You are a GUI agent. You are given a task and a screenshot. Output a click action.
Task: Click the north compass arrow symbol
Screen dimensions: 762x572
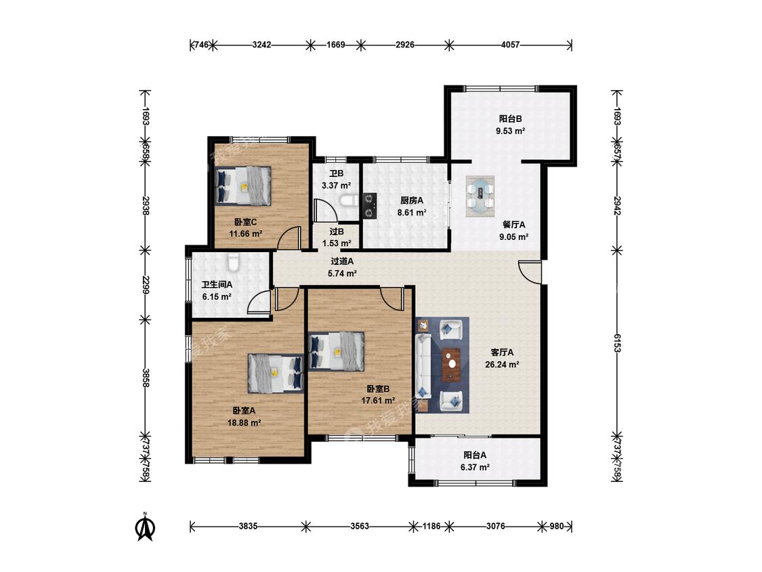tap(145, 527)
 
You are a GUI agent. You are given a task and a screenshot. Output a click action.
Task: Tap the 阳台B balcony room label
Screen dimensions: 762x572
tap(510, 119)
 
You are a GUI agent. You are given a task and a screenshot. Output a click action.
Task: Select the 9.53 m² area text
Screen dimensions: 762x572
tap(510, 131)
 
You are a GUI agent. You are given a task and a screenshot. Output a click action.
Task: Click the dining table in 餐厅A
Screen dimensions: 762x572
tap(480, 196)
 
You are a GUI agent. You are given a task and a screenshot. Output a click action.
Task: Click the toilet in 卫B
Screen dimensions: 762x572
tap(350, 201)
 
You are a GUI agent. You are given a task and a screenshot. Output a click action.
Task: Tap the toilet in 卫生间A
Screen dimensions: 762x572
tap(234, 262)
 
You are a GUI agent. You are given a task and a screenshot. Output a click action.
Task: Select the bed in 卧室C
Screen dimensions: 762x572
tap(243, 185)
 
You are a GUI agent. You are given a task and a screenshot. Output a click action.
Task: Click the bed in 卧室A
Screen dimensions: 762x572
tap(276, 373)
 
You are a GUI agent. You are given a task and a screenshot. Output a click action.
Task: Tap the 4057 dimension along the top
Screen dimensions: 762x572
tap(510, 45)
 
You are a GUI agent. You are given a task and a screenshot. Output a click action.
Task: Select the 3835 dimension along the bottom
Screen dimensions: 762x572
tap(249, 526)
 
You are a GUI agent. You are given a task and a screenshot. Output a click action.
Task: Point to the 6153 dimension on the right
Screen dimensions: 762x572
tap(617, 343)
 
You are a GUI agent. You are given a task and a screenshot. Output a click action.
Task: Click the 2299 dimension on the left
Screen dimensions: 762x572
tap(145, 285)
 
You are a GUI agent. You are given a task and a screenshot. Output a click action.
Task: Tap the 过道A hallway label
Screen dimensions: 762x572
tap(342, 262)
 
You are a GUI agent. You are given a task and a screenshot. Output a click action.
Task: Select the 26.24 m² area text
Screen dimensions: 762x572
tap(502, 365)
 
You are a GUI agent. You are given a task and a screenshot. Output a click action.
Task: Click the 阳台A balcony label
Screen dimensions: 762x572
tap(475, 455)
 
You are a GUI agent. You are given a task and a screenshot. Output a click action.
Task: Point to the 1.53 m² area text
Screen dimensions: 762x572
tap(337, 243)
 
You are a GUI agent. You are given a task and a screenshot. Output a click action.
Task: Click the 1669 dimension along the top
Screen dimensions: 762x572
tap(336, 45)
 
